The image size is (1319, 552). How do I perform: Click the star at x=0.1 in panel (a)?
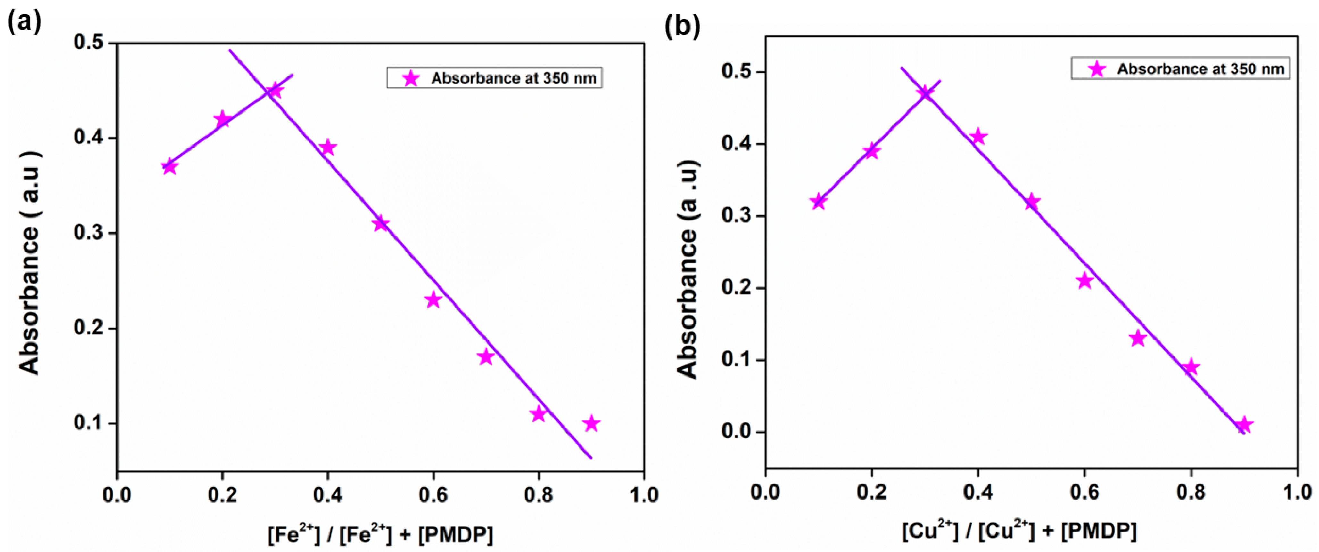pos(169,167)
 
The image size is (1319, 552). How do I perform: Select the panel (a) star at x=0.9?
pos(591,424)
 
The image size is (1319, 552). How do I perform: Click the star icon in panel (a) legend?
pos(411,78)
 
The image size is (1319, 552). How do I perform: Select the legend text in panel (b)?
pos(1200,69)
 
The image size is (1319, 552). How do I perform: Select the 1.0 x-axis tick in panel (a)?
pos(644,495)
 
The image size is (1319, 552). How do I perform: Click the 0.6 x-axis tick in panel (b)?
pos(1084,492)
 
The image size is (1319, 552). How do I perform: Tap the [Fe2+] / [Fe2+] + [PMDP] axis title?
pos(380,535)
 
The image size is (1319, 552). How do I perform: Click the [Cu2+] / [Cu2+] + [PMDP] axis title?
pos(1019,531)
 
